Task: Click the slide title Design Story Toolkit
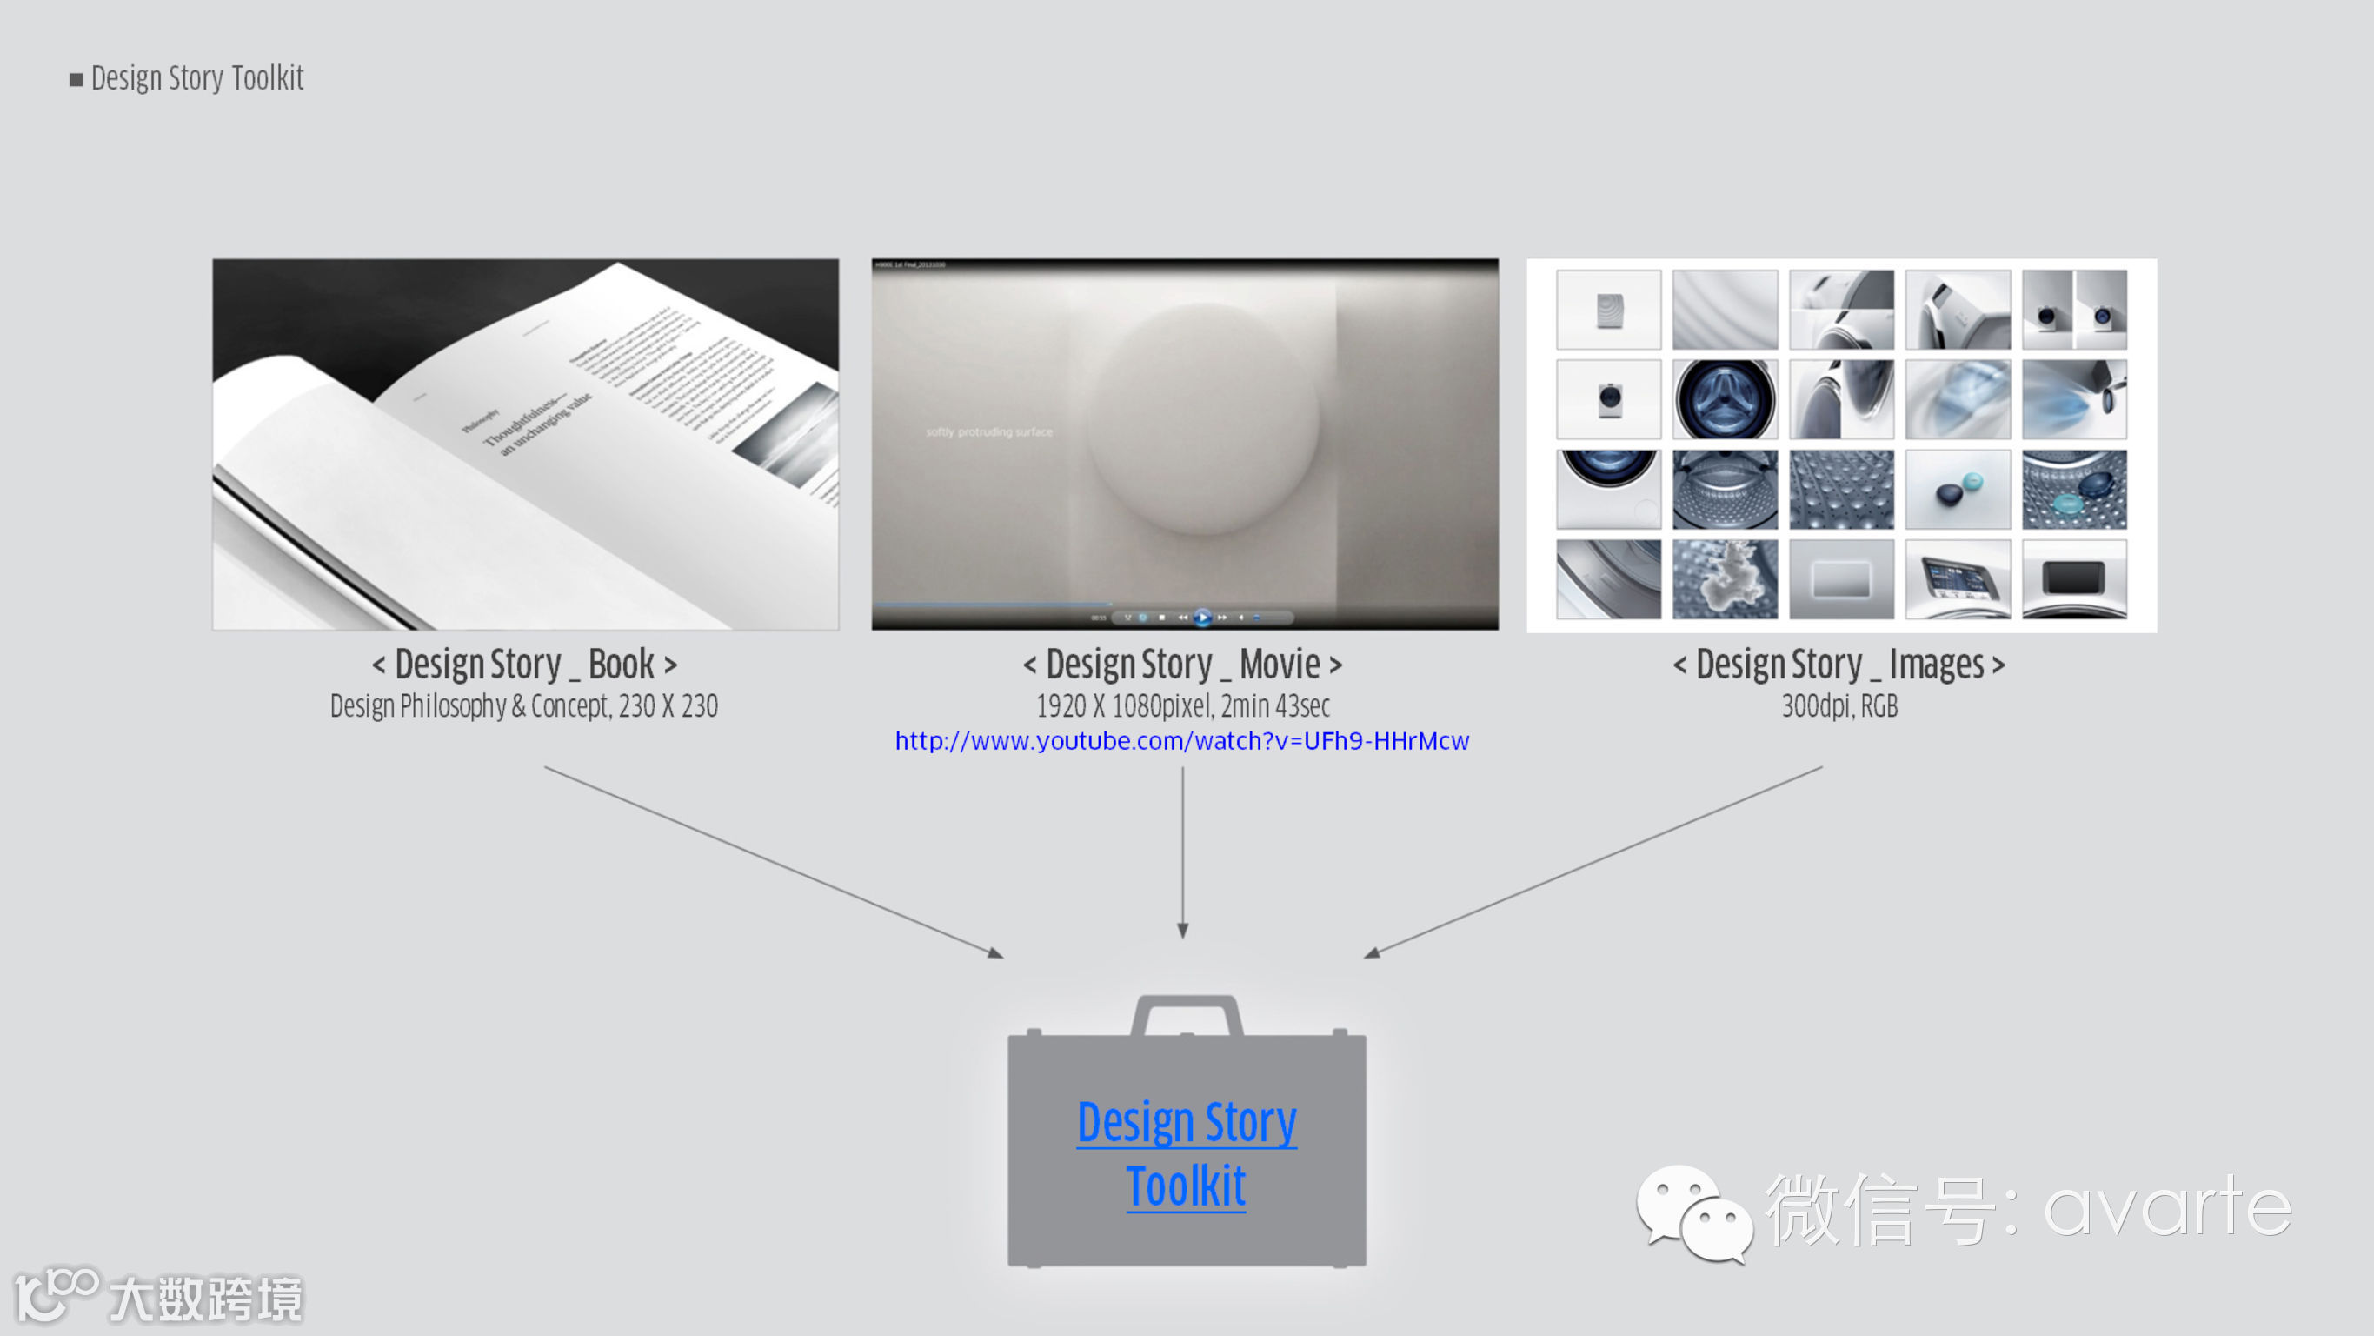tap(196, 78)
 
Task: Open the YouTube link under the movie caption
tap(1181, 741)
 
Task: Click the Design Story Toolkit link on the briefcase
tap(1186, 1152)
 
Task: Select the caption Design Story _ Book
tap(524, 664)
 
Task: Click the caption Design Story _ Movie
tap(1182, 664)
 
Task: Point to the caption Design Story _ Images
tap(1839, 664)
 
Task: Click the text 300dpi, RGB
tap(1839, 706)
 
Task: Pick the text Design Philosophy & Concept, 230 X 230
tap(523, 706)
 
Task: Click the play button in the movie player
tap(1203, 617)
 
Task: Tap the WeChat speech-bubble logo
tap(1694, 1212)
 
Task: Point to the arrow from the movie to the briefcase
tap(1183, 853)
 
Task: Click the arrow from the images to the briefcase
tap(1594, 862)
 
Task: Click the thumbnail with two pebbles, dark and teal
tap(1958, 490)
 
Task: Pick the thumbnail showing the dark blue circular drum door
tap(1725, 400)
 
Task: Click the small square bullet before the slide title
tap(76, 80)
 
